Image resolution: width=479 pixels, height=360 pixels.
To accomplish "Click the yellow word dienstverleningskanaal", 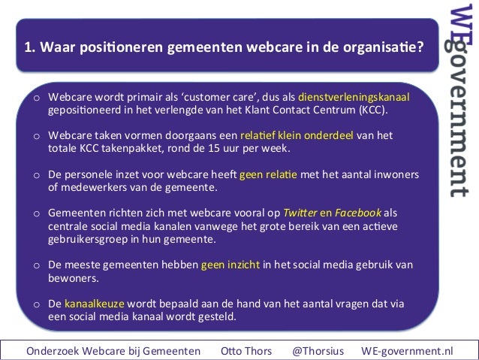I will pyautogui.click(x=354, y=98).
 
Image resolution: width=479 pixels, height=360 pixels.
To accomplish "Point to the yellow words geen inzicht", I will pyautogui.click(x=230, y=265).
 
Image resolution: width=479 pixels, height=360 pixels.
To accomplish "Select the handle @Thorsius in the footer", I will pyautogui.click(x=319, y=350).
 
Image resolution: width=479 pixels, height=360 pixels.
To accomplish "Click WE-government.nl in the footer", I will pyautogui.click(x=407, y=350).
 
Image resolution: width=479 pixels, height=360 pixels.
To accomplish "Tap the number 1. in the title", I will pyautogui.click(x=30, y=48).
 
